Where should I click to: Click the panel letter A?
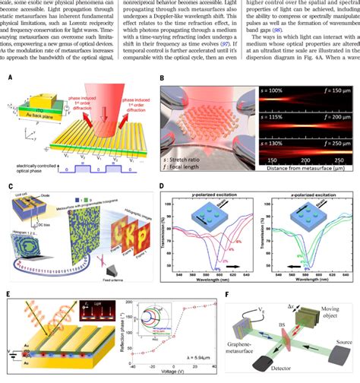(x=9, y=77)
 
